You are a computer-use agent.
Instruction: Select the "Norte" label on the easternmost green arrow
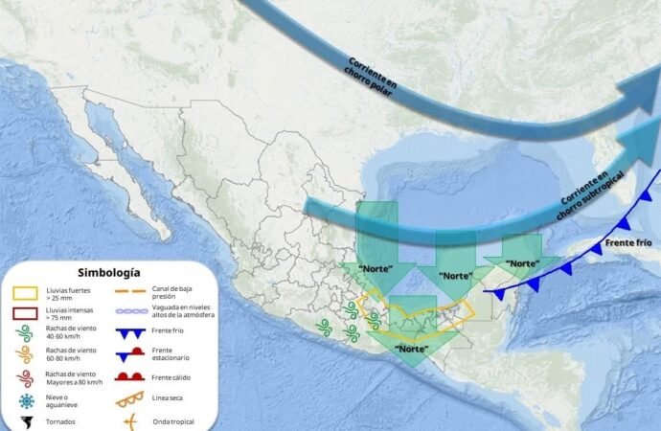tap(522, 262)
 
